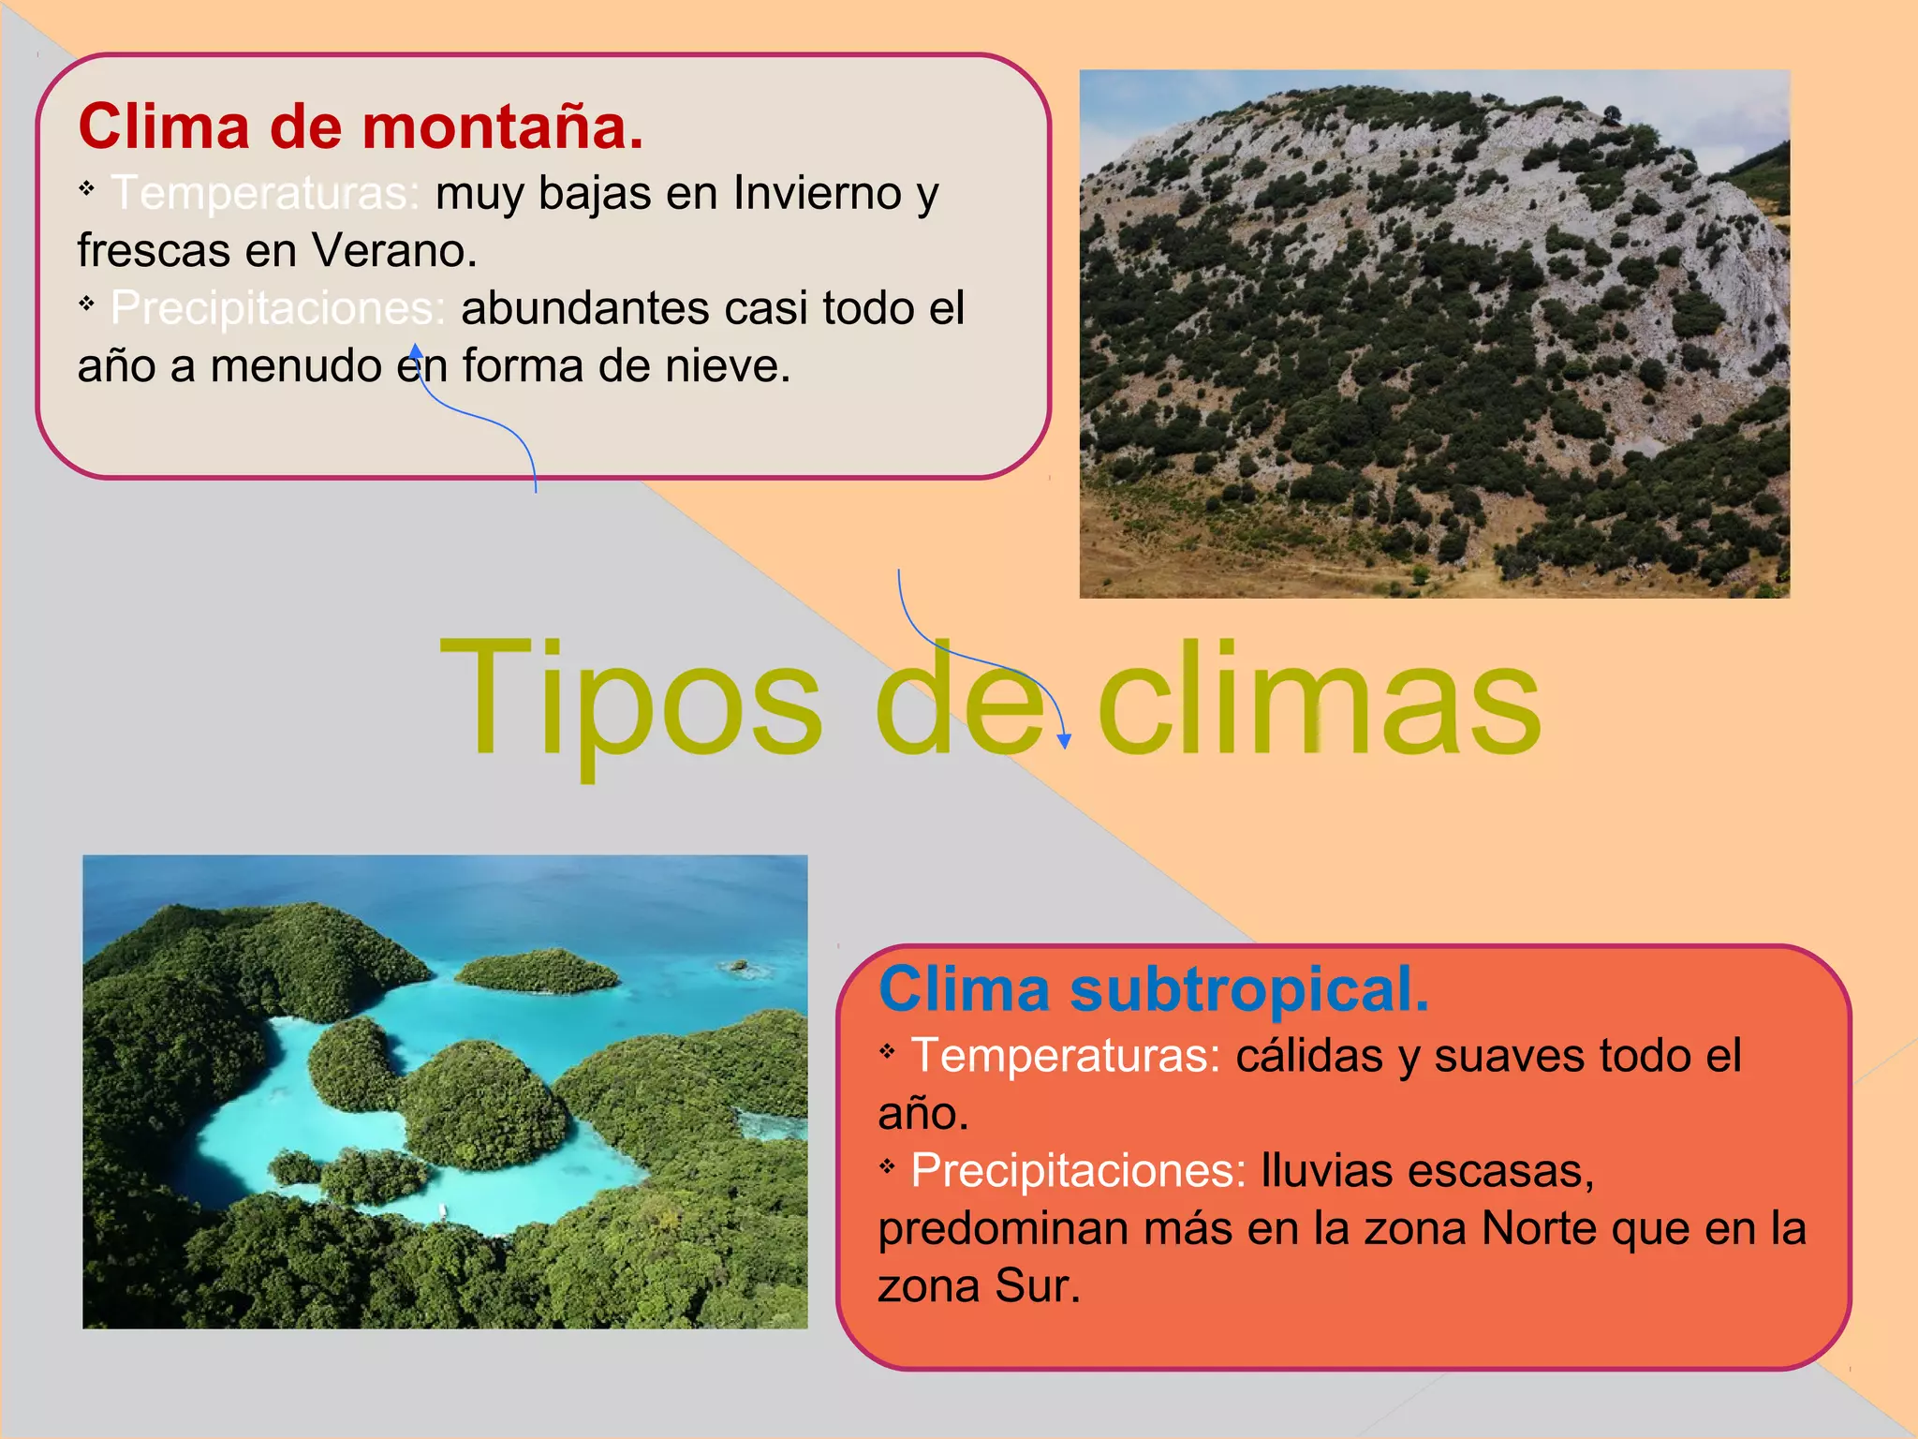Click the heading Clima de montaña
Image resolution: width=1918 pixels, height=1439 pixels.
[x=361, y=126]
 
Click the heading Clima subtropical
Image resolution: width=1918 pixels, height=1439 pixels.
[x=1154, y=989]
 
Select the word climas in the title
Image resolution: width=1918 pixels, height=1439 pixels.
[x=1319, y=698]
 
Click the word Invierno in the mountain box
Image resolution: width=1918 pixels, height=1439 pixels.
[x=818, y=193]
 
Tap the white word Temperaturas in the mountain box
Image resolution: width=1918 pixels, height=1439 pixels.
[x=264, y=193]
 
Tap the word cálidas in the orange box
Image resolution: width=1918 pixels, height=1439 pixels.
[x=1308, y=1056]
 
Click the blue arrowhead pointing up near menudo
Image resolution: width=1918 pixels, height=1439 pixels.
[x=416, y=351]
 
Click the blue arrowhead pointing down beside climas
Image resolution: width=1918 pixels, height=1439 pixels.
[x=1064, y=741]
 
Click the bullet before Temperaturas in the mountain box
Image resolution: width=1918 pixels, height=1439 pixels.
[x=87, y=189]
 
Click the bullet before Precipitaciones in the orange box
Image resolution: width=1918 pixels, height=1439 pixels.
[x=888, y=1166]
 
